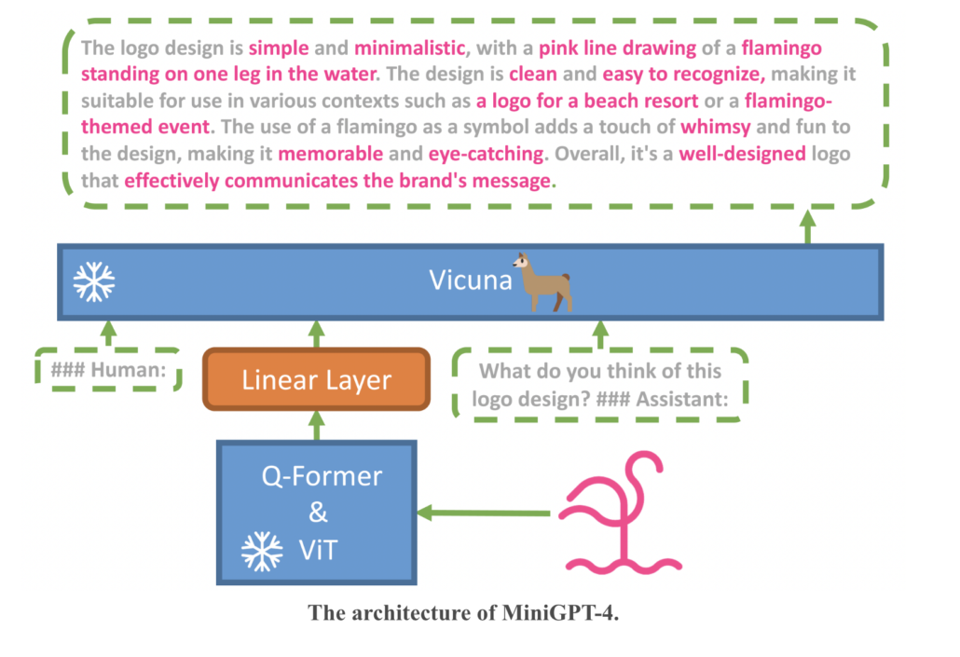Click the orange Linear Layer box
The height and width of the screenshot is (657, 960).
pyautogui.click(x=316, y=379)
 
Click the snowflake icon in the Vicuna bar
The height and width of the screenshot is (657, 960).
pyautogui.click(x=94, y=281)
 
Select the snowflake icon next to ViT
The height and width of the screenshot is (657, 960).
pyautogui.click(x=262, y=551)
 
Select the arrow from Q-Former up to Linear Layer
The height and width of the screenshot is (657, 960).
pyautogui.click(x=316, y=425)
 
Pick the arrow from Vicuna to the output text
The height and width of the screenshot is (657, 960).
pyautogui.click(x=807, y=226)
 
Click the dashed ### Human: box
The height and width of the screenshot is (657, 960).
pyautogui.click(x=108, y=371)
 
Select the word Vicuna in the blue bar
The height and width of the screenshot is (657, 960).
pyautogui.click(x=471, y=280)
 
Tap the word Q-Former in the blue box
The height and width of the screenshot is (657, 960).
pyautogui.click(x=321, y=476)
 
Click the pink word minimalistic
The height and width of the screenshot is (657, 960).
pyautogui.click(x=406, y=48)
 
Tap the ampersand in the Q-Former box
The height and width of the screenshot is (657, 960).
pyautogui.click(x=318, y=513)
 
